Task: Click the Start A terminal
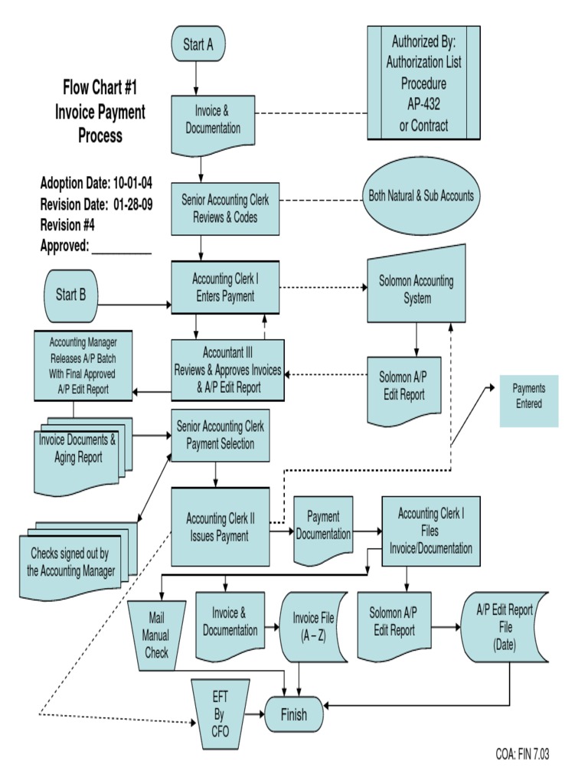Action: tap(198, 44)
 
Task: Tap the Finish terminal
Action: tap(293, 715)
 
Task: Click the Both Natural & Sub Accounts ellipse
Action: tap(421, 196)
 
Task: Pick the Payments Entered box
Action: tap(528, 401)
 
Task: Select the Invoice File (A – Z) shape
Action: tap(309, 627)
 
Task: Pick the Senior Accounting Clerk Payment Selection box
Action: tap(220, 435)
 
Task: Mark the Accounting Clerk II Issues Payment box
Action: tap(220, 528)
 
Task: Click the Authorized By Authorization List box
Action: tap(423, 83)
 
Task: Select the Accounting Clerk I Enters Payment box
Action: tap(224, 287)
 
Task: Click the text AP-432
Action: tap(423, 104)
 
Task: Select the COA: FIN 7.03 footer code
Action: tap(522, 754)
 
